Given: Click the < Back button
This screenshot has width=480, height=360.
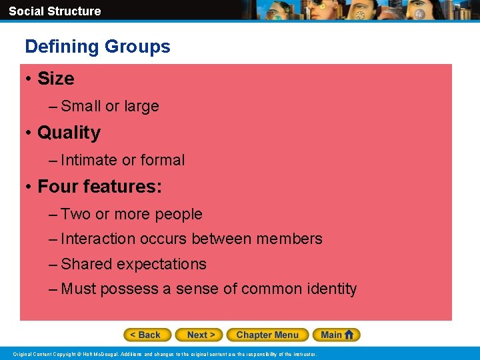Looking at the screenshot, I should (x=147, y=335).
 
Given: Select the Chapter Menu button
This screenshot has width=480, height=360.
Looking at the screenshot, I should (x=267, y=335).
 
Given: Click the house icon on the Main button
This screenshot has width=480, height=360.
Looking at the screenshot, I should (x=349, y=335).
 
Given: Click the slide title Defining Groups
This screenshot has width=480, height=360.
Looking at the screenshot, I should (x=97, y=47).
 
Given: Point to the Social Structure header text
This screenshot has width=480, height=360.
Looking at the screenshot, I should (x=55, y=11).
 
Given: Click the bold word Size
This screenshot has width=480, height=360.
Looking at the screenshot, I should (x=56, y=79).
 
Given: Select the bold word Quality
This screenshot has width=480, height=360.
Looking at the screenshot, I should (x=69, y=133).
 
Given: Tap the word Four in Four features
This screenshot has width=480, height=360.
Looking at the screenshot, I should (x=57, y=187).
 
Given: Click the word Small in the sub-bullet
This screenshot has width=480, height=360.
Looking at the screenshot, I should (x=81, y=106).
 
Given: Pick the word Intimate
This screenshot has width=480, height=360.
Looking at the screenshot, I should (x=89, y=160).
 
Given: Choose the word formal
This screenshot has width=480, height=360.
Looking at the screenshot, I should (x=163, y=160).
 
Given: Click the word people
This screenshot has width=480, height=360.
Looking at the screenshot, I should (x=178, y=215).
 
